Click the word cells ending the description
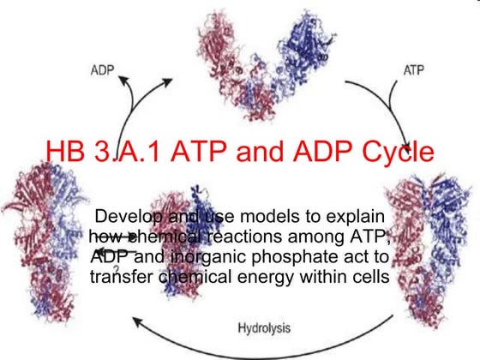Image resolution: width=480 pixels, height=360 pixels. pos(369,277)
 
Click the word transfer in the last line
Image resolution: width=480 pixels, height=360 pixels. pos(122,277)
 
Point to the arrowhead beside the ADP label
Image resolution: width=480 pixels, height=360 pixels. pos(126,82)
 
